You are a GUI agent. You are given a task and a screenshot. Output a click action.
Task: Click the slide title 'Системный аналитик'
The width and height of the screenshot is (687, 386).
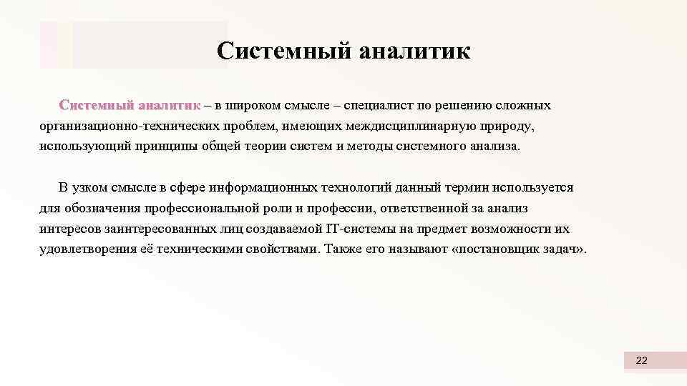tap(343, 51)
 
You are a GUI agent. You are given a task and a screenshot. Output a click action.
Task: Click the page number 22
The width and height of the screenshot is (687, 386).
tap(641, 361)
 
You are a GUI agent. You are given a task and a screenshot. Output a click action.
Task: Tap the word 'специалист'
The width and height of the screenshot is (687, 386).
tap(378, 106)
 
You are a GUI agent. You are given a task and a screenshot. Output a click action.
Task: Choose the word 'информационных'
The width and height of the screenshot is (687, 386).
tap(248, 188)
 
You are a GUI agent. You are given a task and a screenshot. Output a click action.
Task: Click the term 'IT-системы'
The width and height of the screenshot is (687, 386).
tap(349, 229)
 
